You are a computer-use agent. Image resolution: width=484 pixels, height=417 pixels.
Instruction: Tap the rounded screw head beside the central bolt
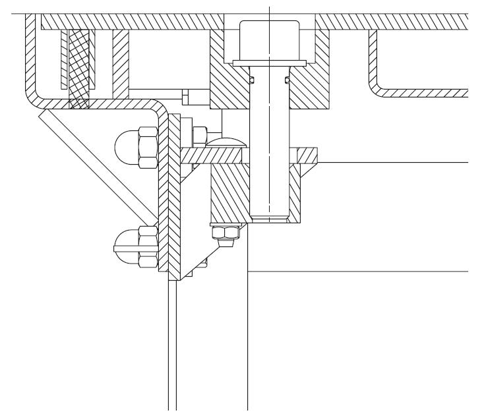click(x=226, y=142)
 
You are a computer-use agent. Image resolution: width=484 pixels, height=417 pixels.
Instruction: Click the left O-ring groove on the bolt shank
click(x=253, y=80)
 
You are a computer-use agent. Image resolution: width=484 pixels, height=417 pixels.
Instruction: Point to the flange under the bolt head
click(x=270, y=63)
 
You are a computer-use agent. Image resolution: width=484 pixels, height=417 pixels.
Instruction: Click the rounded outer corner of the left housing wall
click(x=31, y=96)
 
